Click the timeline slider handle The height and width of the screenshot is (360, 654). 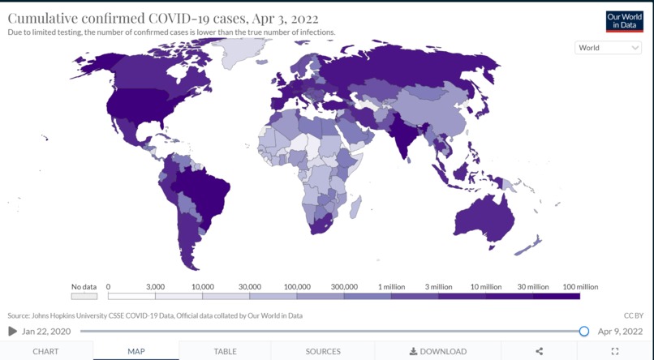coord(584,331)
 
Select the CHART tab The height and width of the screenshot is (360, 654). coord(45,351)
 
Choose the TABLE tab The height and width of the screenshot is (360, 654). coord(225,351)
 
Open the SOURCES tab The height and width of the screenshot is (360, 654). coord(323,351)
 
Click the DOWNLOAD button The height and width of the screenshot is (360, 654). coord(438,351)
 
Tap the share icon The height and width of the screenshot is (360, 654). coord(540,351)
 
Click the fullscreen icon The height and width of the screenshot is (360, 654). coord(614,351)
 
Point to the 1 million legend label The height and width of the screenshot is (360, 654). coord(391,287)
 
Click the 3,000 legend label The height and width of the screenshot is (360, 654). coord(155,287)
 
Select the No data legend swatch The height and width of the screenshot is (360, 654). coord(84,297)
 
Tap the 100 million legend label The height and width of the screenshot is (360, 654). coord(579,287)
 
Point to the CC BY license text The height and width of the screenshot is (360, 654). coord(633,315)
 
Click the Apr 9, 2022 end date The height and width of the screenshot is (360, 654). coord(620,331)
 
